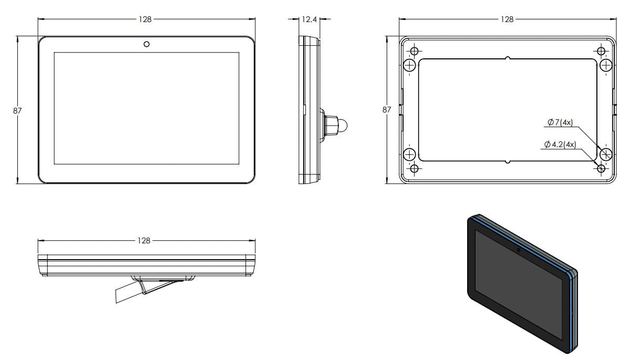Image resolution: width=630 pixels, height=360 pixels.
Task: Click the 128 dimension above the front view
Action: (x=145, y=19)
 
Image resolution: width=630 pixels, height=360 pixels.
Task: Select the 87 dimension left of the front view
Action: (x=17, y=110)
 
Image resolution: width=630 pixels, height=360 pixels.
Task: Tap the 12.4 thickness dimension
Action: (x=309, y=19)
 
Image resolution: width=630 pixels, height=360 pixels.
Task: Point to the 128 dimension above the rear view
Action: (x=507, y=19)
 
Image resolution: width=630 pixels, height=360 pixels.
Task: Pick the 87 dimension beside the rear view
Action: (x=387, y=109)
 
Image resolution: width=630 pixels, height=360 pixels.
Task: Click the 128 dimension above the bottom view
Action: (x=144, y=240)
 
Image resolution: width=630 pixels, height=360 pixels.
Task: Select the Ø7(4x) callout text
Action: (x=560, y=122)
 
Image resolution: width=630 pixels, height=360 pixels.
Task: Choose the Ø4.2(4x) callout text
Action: (x=560, y=144)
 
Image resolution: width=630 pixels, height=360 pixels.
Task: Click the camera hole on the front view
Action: (x=147, y=44)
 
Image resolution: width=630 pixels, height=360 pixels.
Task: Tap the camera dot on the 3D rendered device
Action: (x=519, y=250)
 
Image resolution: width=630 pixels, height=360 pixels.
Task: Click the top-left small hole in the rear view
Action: (x=415, y=52)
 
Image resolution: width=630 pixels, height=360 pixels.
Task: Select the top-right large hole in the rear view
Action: (x=605, y=65)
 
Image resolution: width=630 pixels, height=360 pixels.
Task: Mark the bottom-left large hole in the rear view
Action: (x=409, y=155)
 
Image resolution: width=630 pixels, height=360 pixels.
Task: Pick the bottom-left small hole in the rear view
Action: (x=415, y=168)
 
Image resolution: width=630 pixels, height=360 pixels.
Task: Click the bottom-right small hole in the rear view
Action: (x=601, y=168)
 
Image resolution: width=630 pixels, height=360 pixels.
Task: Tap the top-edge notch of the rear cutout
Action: (x=508, y=58)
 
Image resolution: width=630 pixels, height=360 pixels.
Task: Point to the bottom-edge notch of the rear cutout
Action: (x=508, y=162)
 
